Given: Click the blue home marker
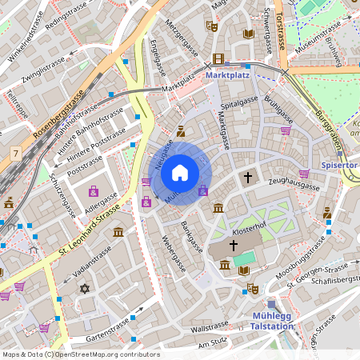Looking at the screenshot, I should click(x=180, y=172).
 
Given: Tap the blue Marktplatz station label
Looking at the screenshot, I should click(x=228, y=74).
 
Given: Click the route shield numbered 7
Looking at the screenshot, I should click(x=14, y=152).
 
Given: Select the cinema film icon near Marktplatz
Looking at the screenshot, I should click(x=218, y=59).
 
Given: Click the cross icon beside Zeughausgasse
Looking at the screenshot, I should click(x=248, y=176).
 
